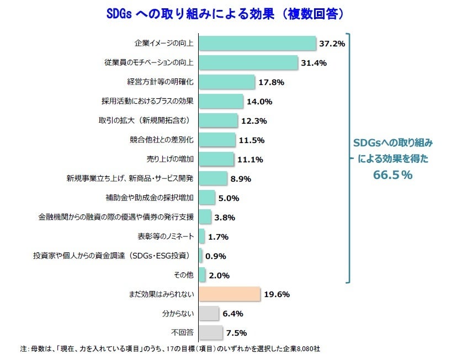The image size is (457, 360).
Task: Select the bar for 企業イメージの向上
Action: click(257, 43)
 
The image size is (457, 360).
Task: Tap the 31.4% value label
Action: click(313, 63)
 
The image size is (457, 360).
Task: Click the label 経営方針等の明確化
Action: click(161, 82)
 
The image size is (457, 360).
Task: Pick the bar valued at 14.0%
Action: click(221, 101)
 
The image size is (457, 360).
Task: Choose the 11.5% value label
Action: click(251, 140)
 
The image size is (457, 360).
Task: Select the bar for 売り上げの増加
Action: click(216, 159)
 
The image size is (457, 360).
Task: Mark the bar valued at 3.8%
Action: click(205, 216)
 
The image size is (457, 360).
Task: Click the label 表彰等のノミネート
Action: click(166, 236)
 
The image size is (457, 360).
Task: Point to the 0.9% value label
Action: click(216, 256)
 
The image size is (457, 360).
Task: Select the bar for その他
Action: click(202, 274)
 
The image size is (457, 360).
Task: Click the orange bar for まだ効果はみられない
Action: click(229, 294)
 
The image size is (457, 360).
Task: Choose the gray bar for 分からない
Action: click(209, 313)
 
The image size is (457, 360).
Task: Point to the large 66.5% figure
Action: click(393, 175)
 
